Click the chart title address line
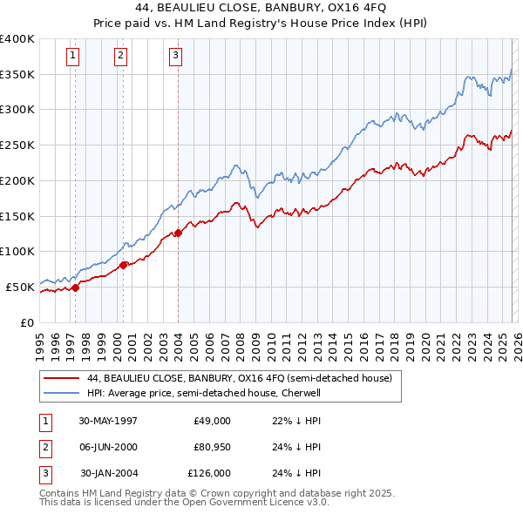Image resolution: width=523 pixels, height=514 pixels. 261,8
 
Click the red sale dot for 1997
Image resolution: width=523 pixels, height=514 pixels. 76,287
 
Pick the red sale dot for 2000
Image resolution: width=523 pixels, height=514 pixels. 123,264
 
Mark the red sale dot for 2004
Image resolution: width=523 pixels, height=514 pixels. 179,232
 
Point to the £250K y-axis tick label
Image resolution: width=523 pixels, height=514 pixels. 17,145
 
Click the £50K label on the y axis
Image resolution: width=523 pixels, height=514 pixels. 20,287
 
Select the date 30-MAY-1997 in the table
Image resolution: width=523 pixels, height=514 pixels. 108,421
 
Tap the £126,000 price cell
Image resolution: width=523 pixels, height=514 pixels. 209,473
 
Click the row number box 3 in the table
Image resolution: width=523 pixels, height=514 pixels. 44,473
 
